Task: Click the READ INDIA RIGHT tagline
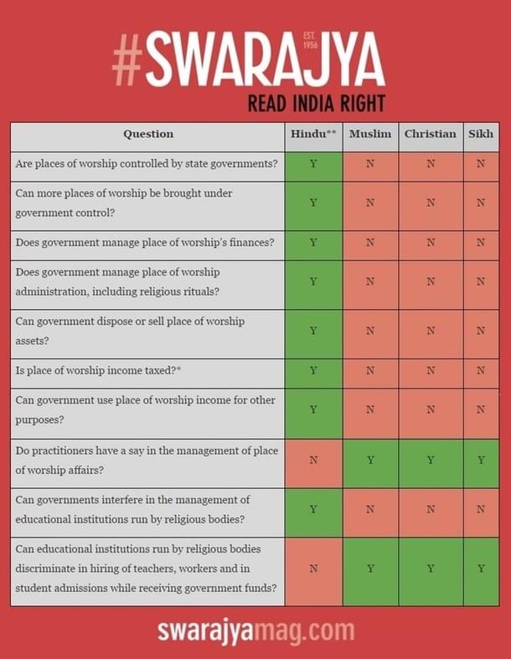(316, 104)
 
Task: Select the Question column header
(148, 134)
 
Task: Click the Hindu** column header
(313, 134)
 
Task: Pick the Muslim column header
(370, 134)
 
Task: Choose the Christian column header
(431, 134)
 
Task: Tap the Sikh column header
(481, 134)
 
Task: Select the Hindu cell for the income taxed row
(313, 369)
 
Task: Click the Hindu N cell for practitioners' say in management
(313, 460)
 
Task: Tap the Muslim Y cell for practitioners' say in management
(370, 460)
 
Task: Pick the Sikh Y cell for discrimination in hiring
(481, 569)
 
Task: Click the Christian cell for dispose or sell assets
(431, 331)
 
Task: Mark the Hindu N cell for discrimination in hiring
(313, 569)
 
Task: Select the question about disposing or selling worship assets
(130, 331)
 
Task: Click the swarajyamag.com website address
(255, 630)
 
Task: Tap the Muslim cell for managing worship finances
(370, 243)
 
